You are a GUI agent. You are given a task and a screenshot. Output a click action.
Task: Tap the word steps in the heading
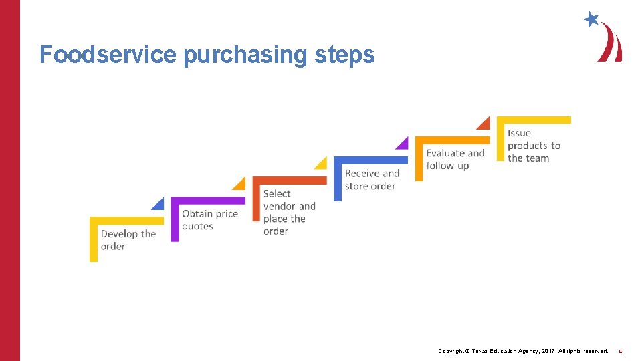[344, 55]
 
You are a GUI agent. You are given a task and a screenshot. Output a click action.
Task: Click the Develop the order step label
[128, 240]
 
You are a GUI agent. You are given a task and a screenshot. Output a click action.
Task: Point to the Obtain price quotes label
[209, 219]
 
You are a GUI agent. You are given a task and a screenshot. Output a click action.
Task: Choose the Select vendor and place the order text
[289, 212]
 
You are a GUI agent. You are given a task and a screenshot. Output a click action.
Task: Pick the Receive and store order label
[372, 179]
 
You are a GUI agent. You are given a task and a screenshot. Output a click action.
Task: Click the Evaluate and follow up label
[455, 159]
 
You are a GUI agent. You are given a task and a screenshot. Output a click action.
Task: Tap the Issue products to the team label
[534, 146]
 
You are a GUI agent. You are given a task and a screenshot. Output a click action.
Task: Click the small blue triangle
[158, 204]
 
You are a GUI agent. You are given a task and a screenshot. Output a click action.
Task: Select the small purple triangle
[403, 143]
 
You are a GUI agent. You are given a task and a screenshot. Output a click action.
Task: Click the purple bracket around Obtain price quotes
[175, 217]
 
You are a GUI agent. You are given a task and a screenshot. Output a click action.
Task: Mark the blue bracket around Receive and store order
[338, 177]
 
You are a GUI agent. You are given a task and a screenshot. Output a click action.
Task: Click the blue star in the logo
[591, 19]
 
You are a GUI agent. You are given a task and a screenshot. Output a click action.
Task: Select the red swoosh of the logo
[611, 44]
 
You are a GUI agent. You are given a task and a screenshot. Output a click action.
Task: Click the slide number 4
[620, 351]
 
